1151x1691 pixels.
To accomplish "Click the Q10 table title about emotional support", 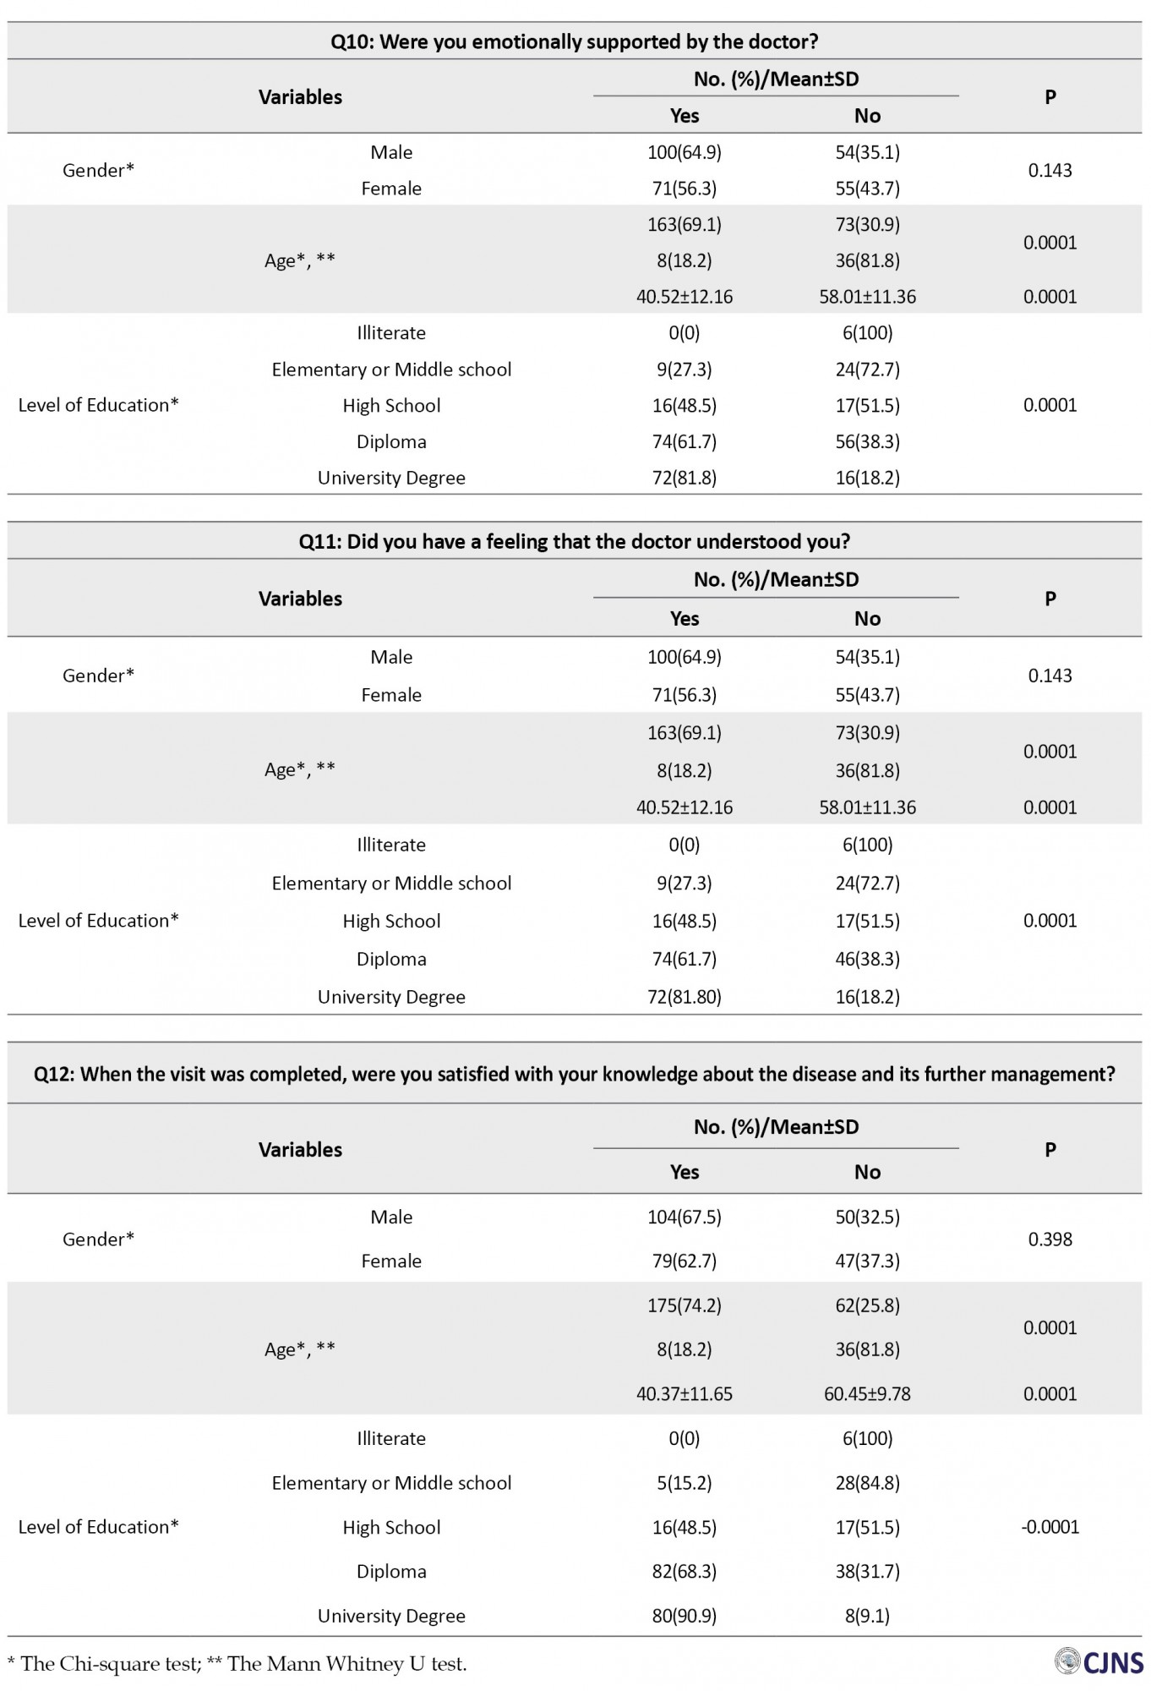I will [574, 41].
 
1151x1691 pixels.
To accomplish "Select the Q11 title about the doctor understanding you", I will [574, 541].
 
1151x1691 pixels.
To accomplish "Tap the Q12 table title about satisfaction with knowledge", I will [574, 1074].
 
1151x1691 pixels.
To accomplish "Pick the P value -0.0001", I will [1050, 1527].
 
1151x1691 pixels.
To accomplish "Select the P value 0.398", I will [1050, 1239].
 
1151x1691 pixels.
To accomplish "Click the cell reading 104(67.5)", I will [684, 1217].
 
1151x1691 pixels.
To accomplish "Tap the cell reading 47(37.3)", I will [867, 1261].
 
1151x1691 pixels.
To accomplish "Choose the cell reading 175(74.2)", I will [684, 1305].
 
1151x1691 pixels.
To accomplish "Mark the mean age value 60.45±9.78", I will [867, 1393].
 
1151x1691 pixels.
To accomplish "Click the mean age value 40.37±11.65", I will [684, 1393].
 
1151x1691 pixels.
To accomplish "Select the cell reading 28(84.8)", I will [867, 1483].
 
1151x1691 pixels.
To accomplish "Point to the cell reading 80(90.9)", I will [684, 1616].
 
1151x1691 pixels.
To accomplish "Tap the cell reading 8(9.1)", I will [867, 1616].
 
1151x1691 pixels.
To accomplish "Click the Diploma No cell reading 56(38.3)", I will [867, 441].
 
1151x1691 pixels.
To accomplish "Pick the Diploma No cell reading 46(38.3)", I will [867, 959].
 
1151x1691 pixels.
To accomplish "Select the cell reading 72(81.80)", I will [684, 997].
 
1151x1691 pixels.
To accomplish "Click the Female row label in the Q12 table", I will [391, 1261].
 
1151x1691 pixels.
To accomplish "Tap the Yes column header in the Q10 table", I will [684, 116].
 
